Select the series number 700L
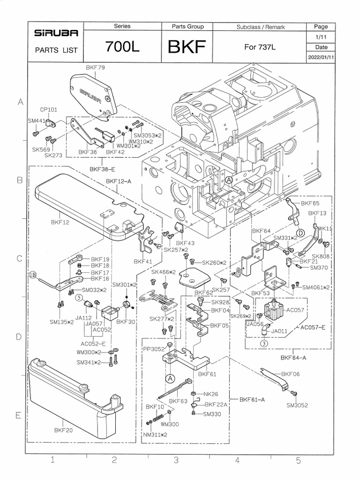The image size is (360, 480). (122, 47)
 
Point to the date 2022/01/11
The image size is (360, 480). (321, 57)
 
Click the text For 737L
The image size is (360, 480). (261, 47)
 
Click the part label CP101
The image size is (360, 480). (48, 110)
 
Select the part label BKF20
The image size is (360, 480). (63, 429)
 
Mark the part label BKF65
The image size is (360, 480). (310, 203)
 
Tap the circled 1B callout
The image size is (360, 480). (34, 275)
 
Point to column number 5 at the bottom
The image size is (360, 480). (298, 460)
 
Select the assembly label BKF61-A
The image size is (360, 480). (252, 400)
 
